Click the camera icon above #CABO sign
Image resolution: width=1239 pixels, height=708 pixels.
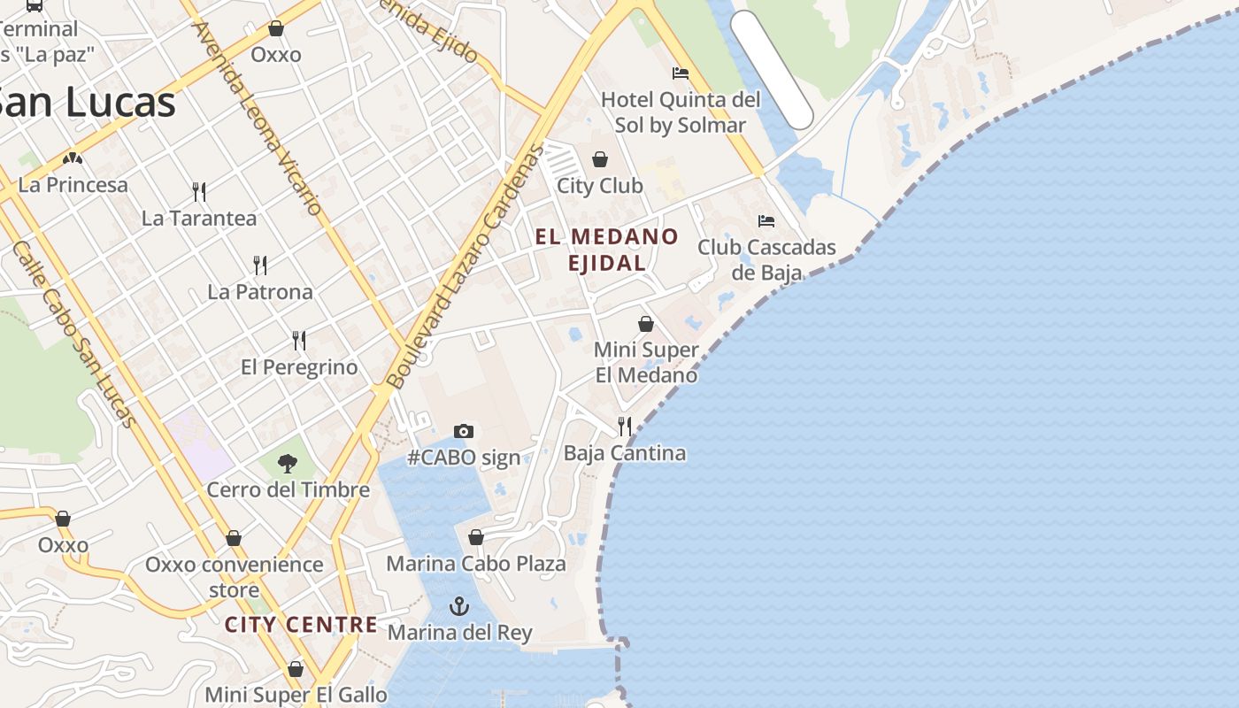click(x=463, y=431)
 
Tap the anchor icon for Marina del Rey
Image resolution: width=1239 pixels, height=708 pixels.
click(x=458, y=606)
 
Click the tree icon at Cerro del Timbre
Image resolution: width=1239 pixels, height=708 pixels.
click(x=287, y=463)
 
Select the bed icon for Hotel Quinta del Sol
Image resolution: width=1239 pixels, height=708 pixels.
click(x=680, y=73)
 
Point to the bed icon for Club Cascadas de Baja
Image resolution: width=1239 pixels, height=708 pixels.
click(x=766, y=220)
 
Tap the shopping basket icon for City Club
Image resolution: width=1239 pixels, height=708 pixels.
click(x=600, y=159)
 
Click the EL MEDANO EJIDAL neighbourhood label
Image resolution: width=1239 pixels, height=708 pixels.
click(x=607, y=250)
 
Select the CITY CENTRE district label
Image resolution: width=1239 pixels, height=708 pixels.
click(x=301, y=625)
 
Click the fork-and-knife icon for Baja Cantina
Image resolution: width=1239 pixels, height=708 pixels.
click(x=625, y=426)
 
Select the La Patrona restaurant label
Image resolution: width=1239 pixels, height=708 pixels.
click(x=260, y=291)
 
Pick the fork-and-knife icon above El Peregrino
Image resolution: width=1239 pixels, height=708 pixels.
click(x=299, y=340)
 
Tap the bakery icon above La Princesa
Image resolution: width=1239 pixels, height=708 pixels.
click(x=73, y=158)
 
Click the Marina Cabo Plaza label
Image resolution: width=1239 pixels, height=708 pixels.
click(x=476, y=564)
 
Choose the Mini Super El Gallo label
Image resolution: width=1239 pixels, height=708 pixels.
click(x=296, y=695)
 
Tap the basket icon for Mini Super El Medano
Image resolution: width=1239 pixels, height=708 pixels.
click(x=646, y=324)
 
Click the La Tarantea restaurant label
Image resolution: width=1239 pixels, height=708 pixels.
click(x=199, y=218)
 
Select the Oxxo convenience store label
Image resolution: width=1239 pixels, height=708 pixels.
click(x=235, y=576)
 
